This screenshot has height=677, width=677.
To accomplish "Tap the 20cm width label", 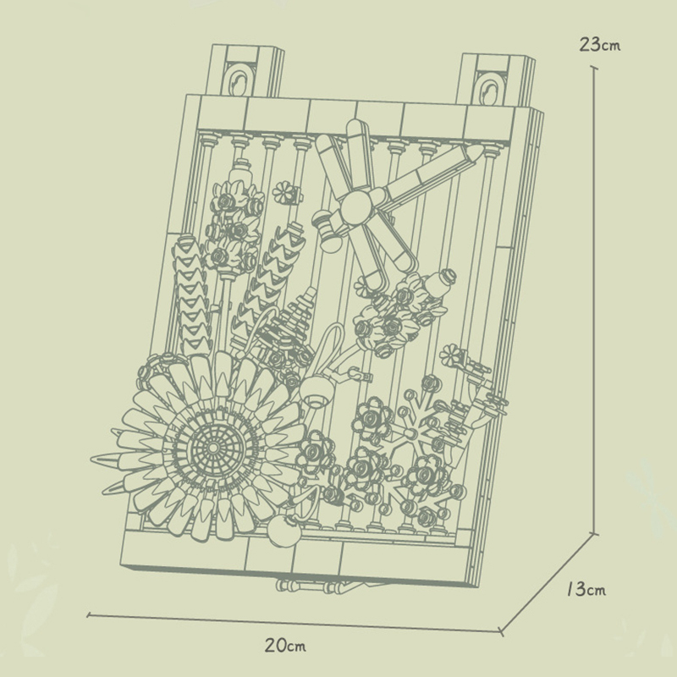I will coord(284,647).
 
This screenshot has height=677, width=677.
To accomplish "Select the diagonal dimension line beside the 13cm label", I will coord(550,584).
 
